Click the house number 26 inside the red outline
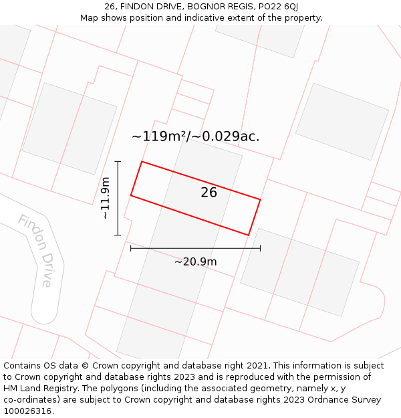[x=209, y=193]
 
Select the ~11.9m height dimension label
[x=106, y=198]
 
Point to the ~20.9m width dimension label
[x=195, y=262]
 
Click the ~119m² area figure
[x=159, y=136]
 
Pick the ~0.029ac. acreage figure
[x=227, y=136]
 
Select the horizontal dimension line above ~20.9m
[x=195, y=248]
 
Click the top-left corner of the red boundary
[x=142, y=161]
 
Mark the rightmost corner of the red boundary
[x=260, y=199]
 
